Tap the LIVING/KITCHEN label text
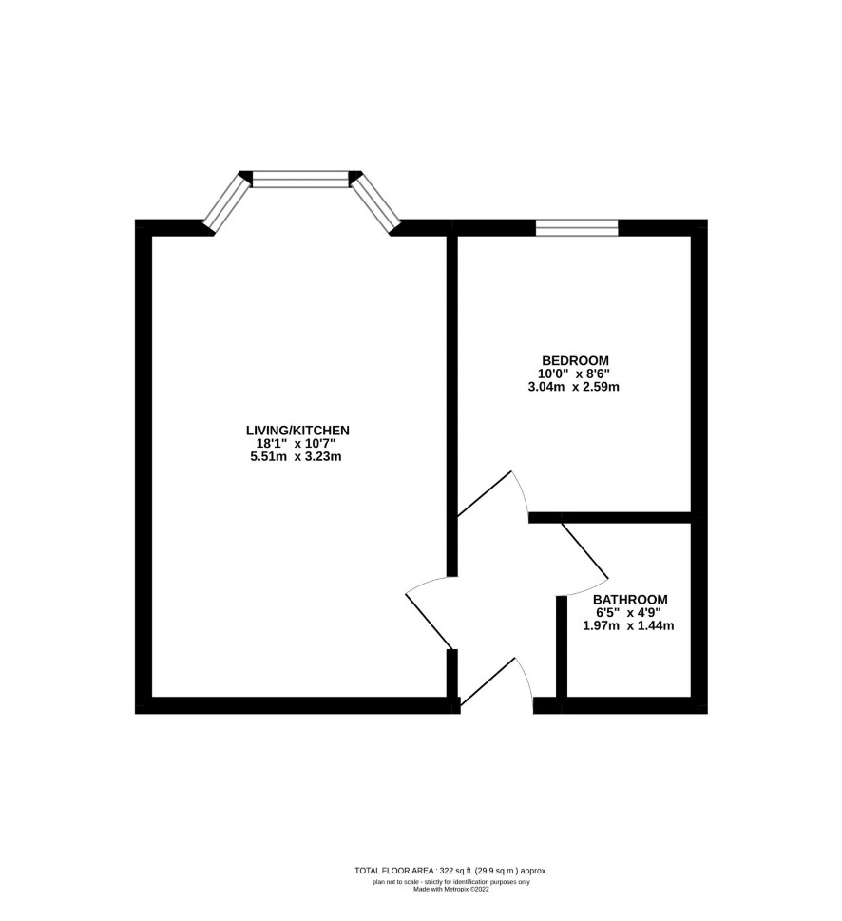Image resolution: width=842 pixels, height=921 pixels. [297, 430]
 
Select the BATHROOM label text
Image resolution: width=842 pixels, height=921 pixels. [630, 600]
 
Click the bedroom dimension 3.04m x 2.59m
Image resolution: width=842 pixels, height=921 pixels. [574, 387]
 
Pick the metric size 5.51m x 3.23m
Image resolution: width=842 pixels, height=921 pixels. [296, 456]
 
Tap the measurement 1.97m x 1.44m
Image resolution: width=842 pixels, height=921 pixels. [628, 625]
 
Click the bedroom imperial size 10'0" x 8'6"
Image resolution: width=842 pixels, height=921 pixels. [574, 374]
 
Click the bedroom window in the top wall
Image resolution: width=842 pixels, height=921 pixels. [577, 228]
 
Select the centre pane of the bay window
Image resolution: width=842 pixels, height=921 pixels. [300, 179]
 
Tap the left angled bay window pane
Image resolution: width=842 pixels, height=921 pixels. [226, 201]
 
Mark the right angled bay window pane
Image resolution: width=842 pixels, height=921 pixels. [375, 201]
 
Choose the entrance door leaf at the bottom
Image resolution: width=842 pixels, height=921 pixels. [488, 681]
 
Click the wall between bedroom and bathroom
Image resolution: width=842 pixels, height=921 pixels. [609, 517]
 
